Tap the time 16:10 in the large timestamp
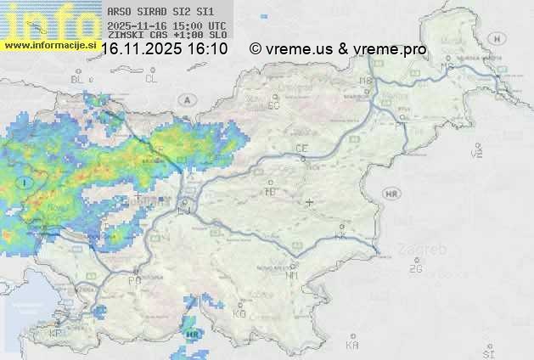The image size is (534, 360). [208, 49]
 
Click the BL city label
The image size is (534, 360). [78, 79]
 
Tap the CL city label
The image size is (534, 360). [151, 79]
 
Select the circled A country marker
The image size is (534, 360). [184, 99]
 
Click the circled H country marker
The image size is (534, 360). [497, 38]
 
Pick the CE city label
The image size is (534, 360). [301, 149]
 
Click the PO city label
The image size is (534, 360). [134, 279]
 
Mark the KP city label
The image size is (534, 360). [56, 334]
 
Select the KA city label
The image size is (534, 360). [352, 346]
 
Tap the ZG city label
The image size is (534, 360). [415, 269]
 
